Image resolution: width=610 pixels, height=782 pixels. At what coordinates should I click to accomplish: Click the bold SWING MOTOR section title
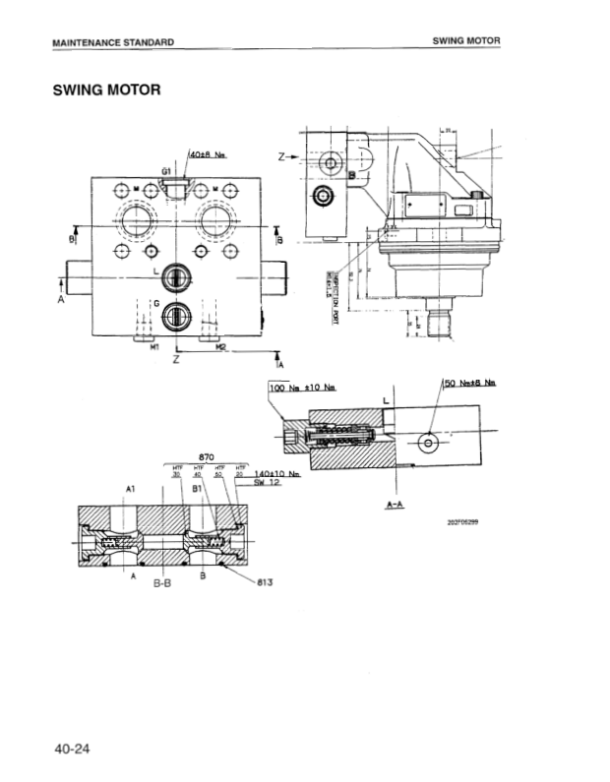(107, 91)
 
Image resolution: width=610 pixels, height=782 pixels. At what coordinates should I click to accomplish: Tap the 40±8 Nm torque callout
(207, 155)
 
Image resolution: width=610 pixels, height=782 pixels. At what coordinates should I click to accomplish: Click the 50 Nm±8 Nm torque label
(470, 382)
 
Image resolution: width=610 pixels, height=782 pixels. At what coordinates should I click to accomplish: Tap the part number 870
(207, 457)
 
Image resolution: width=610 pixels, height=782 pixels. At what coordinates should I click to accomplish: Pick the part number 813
(264, 582)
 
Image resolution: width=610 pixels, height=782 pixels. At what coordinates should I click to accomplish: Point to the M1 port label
(153, 347)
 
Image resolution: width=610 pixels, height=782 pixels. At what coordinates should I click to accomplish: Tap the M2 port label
(221, 347)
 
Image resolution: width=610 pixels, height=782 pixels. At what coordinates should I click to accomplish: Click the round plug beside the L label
(175, 276)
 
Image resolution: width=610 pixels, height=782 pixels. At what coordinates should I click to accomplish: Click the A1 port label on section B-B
(131, 488)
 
